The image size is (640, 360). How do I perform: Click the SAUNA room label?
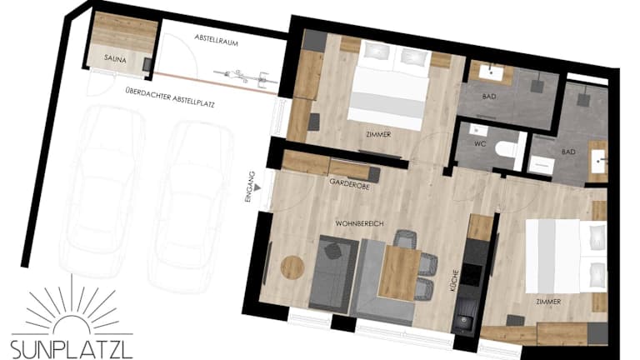click(x=115, y=59)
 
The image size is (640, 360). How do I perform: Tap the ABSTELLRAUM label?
click(x=216, y=40)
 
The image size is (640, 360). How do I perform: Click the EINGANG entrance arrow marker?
click(x=257, y=187)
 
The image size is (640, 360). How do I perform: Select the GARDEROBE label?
click(x=349, y=183)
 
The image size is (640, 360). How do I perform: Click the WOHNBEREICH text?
click(x=359, y=223)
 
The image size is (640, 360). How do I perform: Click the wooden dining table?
click(x=400, y=272)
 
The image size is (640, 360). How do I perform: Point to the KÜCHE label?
click(x=454, y=280)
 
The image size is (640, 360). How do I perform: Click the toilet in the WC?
click(x=505, y=149)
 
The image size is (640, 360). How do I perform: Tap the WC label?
click(x=480, y=143)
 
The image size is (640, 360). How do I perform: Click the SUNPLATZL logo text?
click(x=72, y=350)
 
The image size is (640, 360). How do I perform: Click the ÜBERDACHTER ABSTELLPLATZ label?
click(x=170, y=98)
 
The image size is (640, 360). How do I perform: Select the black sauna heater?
click(x=147, y=64)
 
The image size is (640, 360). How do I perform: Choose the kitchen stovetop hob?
click(x=472, y=275)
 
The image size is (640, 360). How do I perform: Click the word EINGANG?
click(x=251, y=187)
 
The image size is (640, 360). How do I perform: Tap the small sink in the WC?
click(x=478, y=131)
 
